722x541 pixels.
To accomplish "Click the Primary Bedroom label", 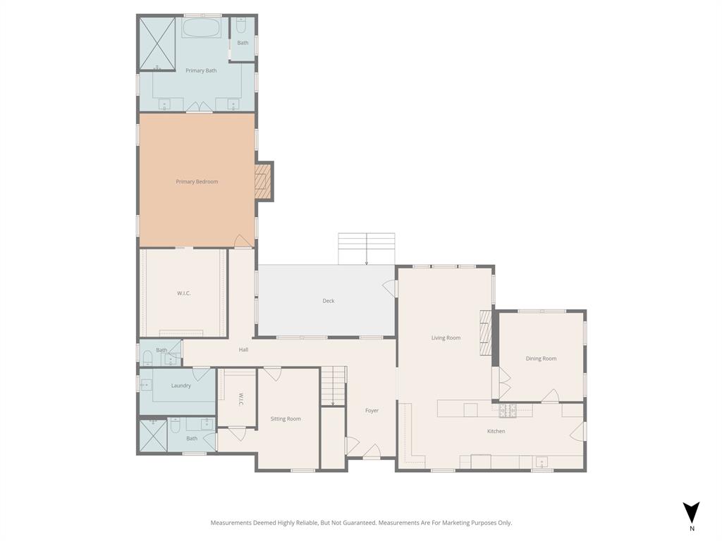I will click(197, 182).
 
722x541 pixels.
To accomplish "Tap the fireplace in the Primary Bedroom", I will click(262, 182).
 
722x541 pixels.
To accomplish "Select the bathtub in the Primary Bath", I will click(202, 28).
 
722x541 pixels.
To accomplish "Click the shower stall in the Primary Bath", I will click(156, 43).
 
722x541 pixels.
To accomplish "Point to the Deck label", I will click(329, 301).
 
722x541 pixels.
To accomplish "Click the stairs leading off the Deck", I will click(366, 248).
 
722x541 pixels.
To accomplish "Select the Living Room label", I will click(446, 338).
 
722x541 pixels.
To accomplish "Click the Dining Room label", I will click(541, 359).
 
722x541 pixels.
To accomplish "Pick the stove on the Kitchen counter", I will click(508, 410).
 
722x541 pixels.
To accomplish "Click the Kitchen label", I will click(496, 431).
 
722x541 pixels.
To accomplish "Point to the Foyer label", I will click(372, 411).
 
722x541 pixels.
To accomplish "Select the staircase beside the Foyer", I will click(334, 385).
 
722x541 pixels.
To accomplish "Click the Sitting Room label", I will click(286, 418).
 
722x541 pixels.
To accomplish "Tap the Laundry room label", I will click(181, 385).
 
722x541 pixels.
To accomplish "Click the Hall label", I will click(243, 349).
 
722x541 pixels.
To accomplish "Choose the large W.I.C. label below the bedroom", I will click(184, 293).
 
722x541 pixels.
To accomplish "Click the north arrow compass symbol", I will click(691, 512).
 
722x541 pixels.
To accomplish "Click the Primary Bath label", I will click(201, 70).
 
